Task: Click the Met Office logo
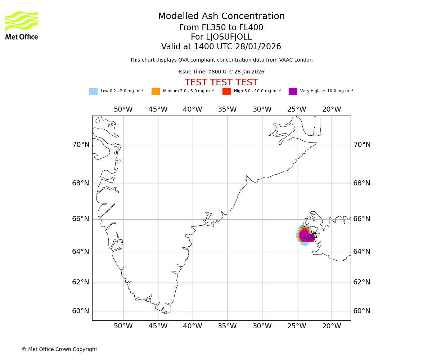(x=22, y=25)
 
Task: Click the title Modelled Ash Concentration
(x=221, y=17)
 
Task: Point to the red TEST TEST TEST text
(x=221, y=83)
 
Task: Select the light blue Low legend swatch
(x=93, y=91)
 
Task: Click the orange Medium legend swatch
(x=156, y=91)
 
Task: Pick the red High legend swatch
(x=226, y=91)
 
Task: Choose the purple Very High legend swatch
(x=293, y=91)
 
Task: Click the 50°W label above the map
(x=123, y=109)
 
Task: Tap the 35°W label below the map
(x=227, y=326)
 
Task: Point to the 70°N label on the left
(x=81, y=145)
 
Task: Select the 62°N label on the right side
(x=362, y=282)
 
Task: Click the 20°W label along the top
(x=332, y=109)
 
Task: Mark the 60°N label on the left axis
(x=81, y=311)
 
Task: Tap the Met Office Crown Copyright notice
(x=59, y=350)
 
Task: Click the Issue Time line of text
(x=221, y=72)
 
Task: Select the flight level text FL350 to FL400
(x=221, y=28)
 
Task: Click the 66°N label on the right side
(x=362, y=219)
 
